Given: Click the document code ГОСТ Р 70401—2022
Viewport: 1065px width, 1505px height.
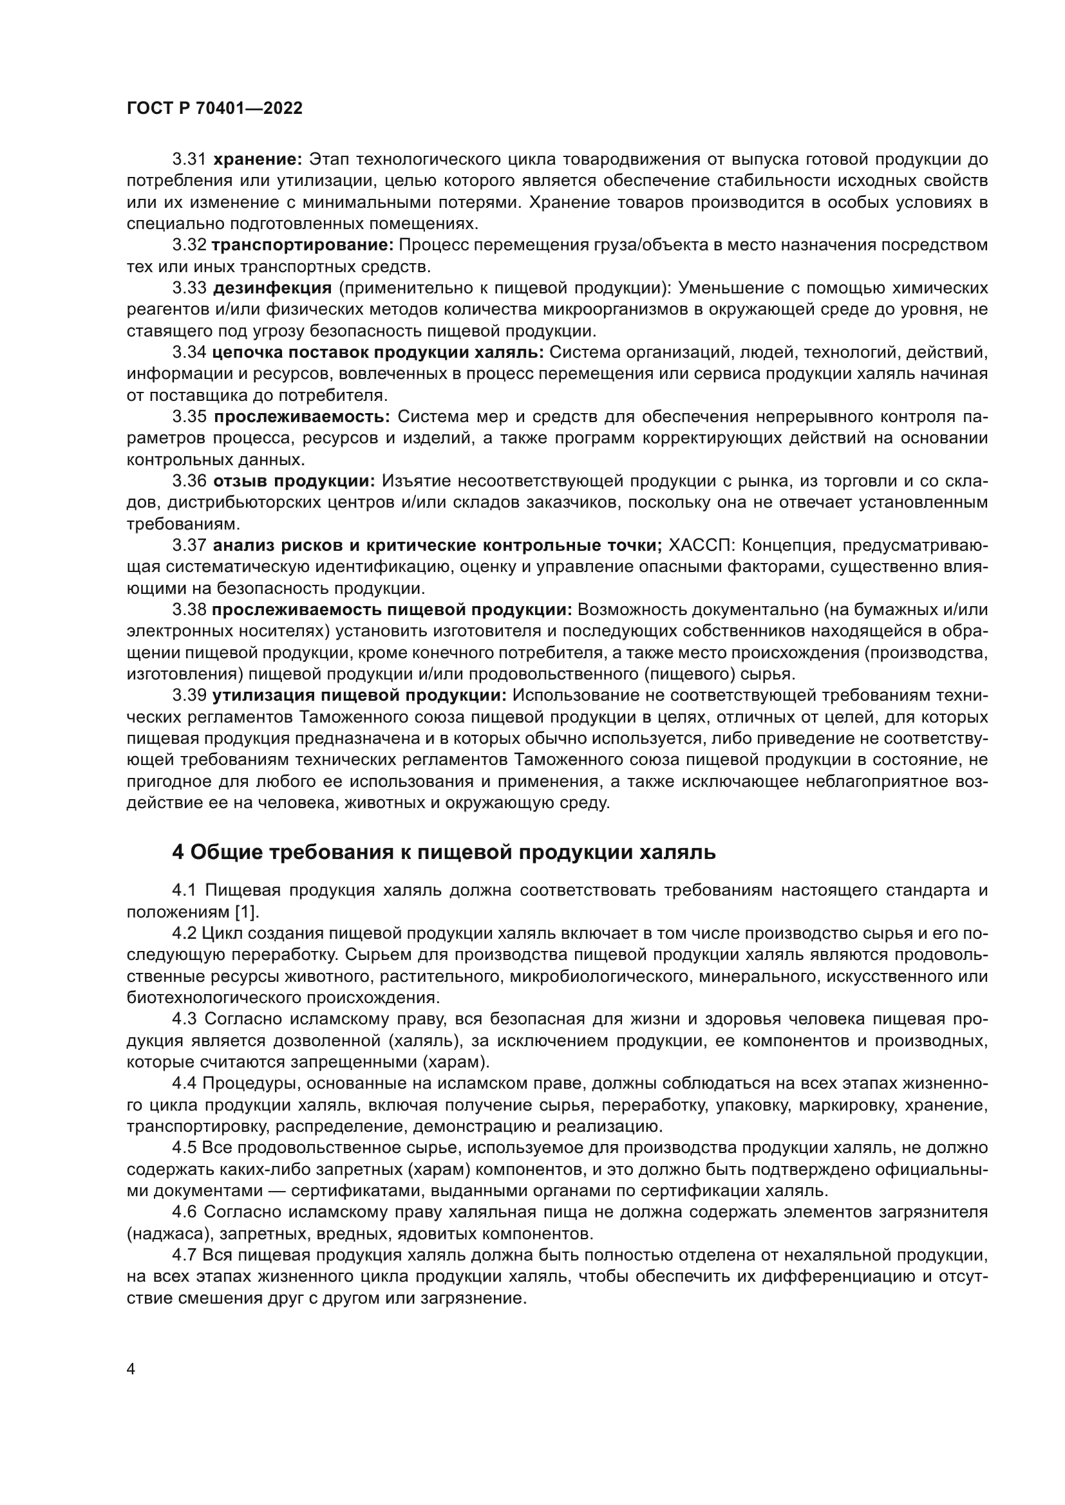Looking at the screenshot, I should click(x=214, y=109).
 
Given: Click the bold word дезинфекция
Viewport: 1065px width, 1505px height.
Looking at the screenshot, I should click(x=273, y=288).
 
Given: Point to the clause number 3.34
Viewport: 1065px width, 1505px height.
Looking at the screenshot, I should click(x=189, y=353).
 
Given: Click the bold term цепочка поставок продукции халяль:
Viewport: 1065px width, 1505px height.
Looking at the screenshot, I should click(x=378, y=353).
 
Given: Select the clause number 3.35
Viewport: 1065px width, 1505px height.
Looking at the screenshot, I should click(x=189, y=417).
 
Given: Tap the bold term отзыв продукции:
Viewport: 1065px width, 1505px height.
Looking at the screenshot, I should click(x=294, y=481).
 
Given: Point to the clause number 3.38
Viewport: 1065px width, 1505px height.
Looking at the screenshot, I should click(x=189, y=609).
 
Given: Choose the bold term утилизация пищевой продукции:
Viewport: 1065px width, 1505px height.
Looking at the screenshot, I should click(x=359, y=696).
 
